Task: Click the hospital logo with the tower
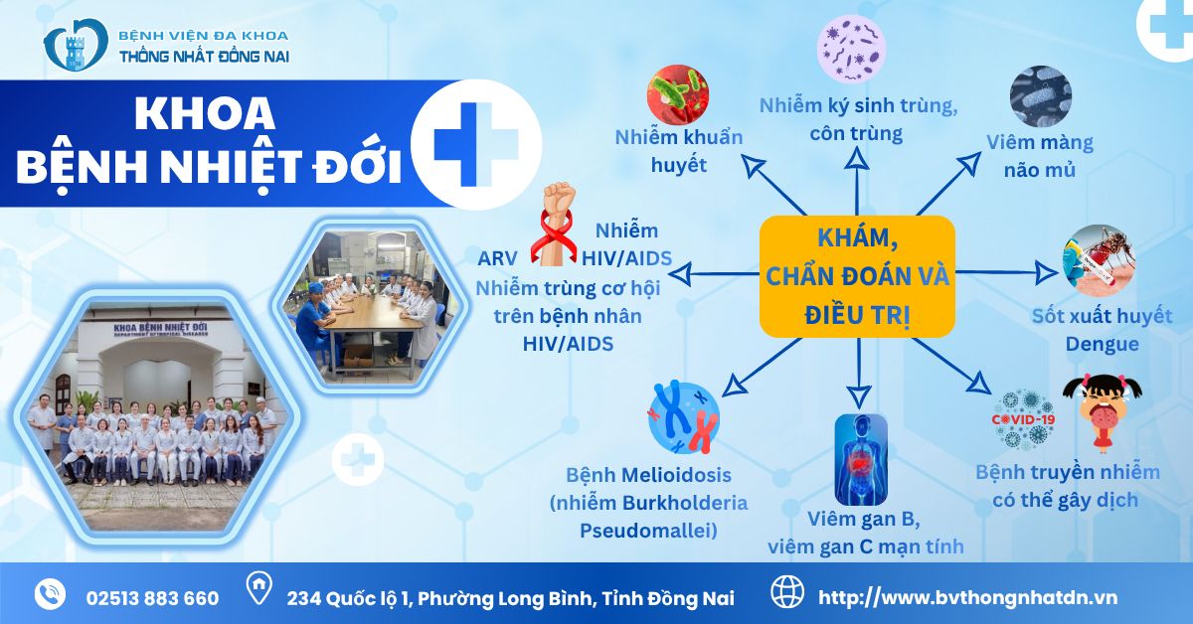(75, 46)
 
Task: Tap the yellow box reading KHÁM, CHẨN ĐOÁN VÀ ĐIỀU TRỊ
(856, 275)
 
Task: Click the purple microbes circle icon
(851, 50)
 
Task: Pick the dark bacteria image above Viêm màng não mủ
(1040, 96)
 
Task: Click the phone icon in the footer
(50, 593)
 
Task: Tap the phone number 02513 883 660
(152, 598)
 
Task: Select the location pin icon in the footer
(258, 592)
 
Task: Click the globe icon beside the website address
(787, 593)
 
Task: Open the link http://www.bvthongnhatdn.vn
(966, 598)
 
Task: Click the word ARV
(497, 258)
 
